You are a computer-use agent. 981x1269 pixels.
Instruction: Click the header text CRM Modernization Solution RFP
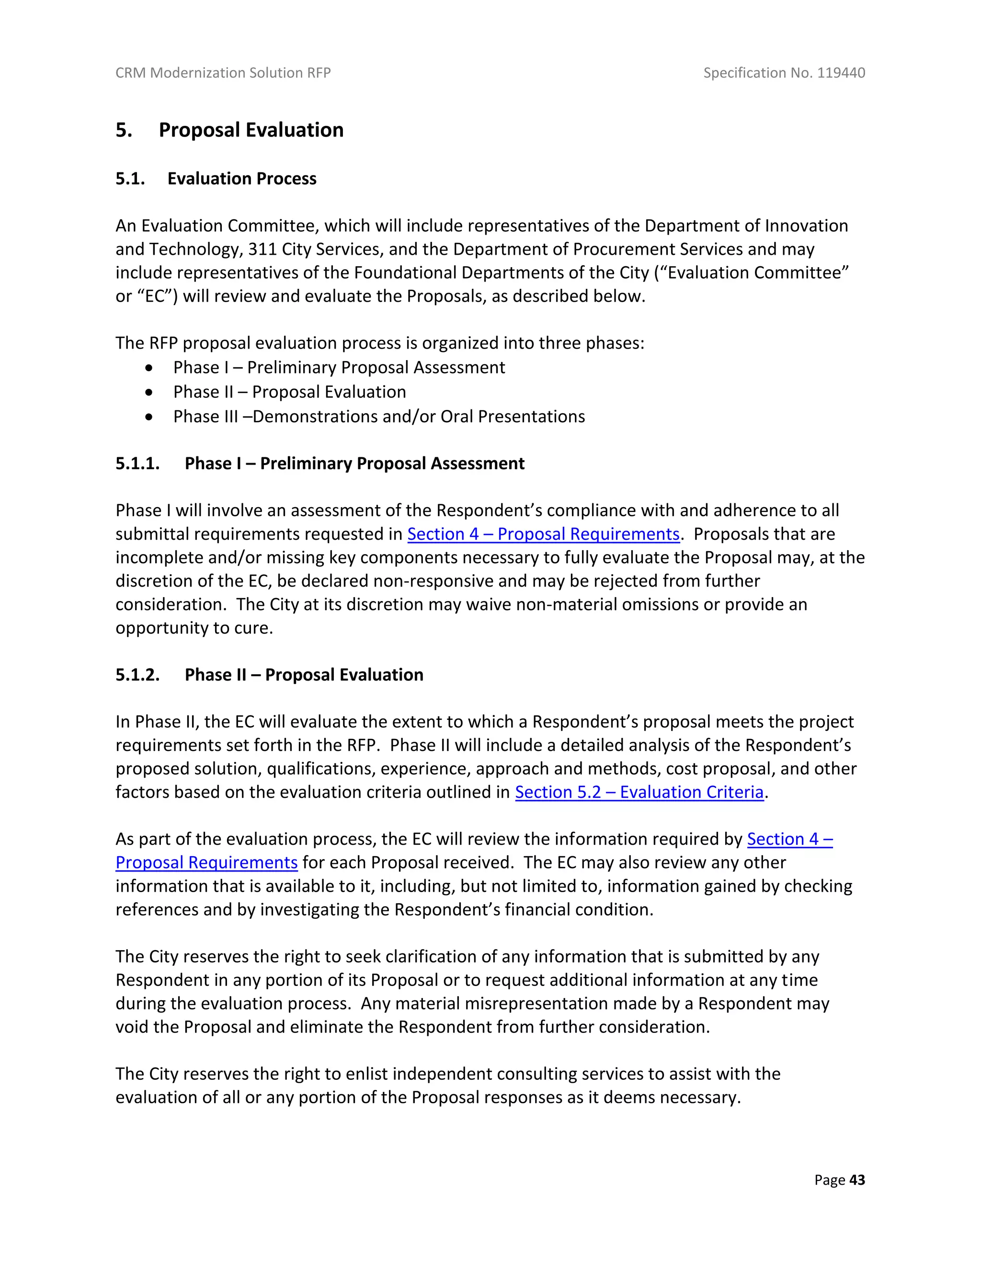click(x=223, y=73)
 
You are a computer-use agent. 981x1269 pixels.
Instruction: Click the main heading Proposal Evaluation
click(x=251, y=130)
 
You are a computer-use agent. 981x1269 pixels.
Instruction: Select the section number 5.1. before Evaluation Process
click(x=130, y=179)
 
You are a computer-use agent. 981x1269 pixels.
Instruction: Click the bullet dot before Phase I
click(x=150, y=368)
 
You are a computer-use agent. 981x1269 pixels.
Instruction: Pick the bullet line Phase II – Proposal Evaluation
click(x=289, y=392)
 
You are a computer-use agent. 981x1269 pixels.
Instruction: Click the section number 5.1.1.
click(x=137, y=463)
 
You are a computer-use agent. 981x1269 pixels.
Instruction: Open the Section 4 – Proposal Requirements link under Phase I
click(x=543, y=534)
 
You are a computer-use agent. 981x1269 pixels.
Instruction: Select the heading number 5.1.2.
click(x=137, y=675)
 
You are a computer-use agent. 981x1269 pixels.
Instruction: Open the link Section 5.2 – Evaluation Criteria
click(x=639, y=792)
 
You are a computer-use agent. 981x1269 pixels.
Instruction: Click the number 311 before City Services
click(x=262, y=249)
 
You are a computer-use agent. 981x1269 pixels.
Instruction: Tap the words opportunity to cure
click(x=194, y=628)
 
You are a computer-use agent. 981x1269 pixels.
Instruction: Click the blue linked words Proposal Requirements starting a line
click(x=206, y=863)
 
